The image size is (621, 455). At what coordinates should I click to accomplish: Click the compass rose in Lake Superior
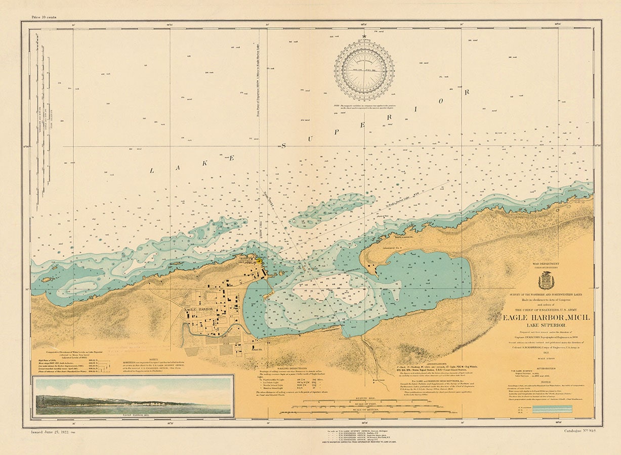click(364, 70)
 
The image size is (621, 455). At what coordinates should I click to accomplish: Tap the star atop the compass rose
click(364, 36)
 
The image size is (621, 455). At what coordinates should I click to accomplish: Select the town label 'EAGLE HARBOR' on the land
click(198, 309)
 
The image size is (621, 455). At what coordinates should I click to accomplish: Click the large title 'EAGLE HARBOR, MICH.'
click(546, 317)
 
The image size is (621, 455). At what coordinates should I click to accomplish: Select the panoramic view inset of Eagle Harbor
click(133, 396)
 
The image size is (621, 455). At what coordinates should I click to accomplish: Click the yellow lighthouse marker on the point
click(259, 261)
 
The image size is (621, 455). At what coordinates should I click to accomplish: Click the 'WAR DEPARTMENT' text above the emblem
click(546, 264)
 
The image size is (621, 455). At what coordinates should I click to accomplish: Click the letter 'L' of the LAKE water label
click(151, 170)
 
